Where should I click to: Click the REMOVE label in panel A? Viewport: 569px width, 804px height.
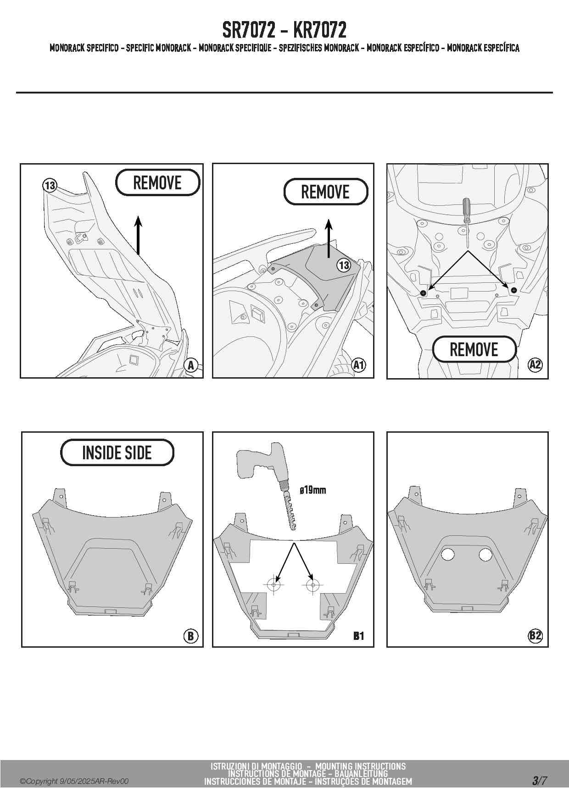point(157,182)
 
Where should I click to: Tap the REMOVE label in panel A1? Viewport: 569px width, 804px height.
point(325,192)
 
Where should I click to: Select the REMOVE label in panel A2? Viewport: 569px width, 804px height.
point(474,349)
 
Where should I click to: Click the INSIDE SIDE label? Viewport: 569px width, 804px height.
point(117,452)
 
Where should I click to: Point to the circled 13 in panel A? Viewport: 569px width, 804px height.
point(50,186)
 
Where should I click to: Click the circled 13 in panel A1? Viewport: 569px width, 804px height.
point(344,265)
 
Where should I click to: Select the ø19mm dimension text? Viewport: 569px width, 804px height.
point(312,490)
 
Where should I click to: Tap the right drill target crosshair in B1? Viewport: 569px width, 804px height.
point(313,585)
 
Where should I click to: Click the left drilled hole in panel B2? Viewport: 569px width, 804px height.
point(447,554)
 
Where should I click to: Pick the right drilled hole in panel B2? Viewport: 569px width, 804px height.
point(485,554)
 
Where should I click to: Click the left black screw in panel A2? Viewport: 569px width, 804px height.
point(424,292)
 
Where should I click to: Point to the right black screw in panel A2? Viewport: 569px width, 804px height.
point(513,290)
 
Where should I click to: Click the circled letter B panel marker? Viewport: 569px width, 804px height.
point(190,636)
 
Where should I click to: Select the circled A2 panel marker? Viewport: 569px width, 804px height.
point(535,365)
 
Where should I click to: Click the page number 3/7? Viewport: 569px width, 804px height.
point(539,781)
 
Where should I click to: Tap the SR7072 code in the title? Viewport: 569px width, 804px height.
point(249,30)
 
